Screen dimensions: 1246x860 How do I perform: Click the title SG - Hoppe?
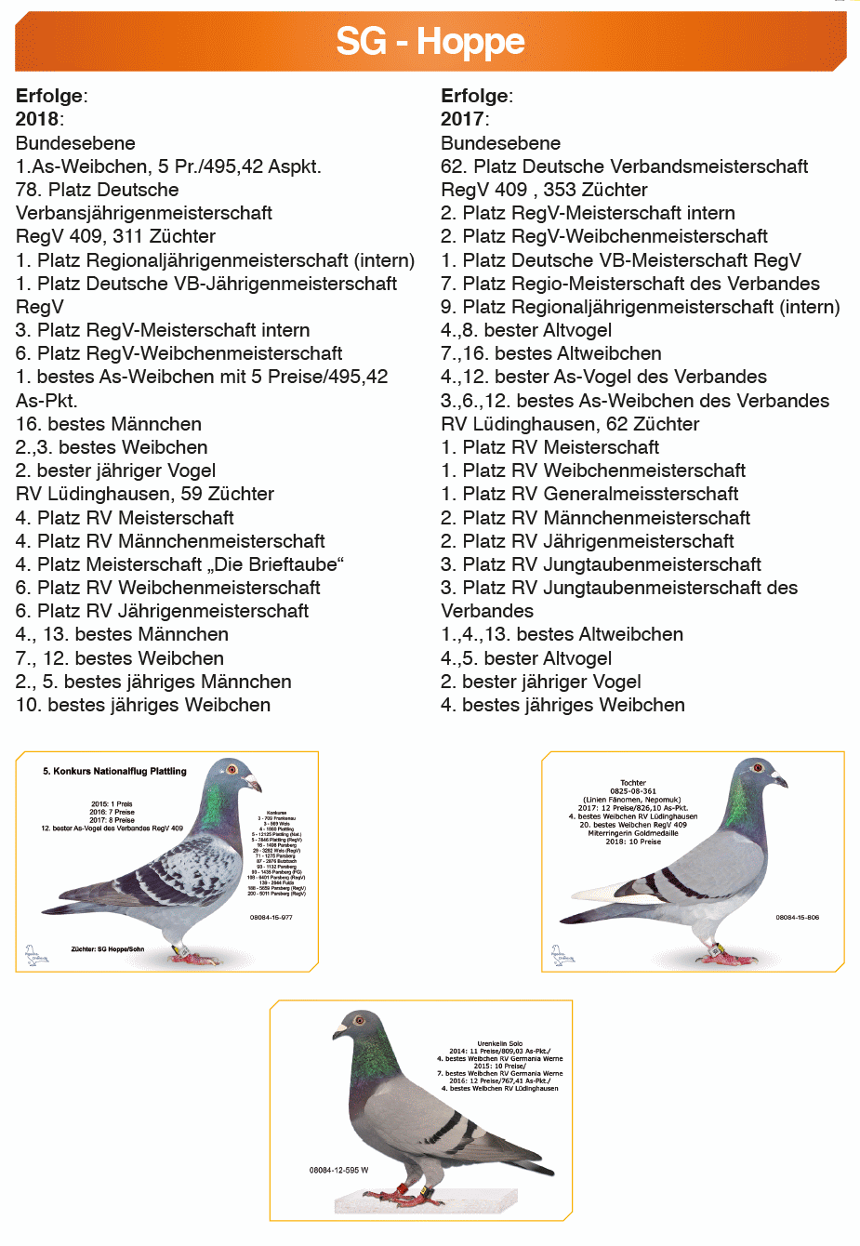point(430,42)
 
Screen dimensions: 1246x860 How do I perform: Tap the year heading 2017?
point(463,119)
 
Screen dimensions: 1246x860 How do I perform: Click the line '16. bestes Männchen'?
point(109,424)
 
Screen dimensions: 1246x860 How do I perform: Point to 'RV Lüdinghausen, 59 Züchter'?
point(145,494)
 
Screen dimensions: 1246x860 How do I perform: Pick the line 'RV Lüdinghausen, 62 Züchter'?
point(570,424)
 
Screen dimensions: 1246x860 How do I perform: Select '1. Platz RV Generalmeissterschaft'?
point(589,494)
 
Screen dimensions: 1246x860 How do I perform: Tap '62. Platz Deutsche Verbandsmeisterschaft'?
point(624,166)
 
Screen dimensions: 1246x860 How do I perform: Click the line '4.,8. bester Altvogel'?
point(526,330)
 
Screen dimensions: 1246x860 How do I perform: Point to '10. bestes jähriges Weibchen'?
point(143,705)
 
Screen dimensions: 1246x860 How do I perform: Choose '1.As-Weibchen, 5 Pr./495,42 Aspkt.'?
point(168,166)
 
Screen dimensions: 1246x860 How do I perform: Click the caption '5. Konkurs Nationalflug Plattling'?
point(114,771)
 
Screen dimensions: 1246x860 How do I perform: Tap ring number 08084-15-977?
point(271,917)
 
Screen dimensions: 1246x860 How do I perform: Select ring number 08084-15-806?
point(798,917)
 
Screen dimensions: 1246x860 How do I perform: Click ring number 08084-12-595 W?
point(338,1170)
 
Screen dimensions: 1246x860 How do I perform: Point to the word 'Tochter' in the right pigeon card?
point(633,783)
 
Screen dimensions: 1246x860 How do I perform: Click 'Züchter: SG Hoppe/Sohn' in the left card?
point(108,949)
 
